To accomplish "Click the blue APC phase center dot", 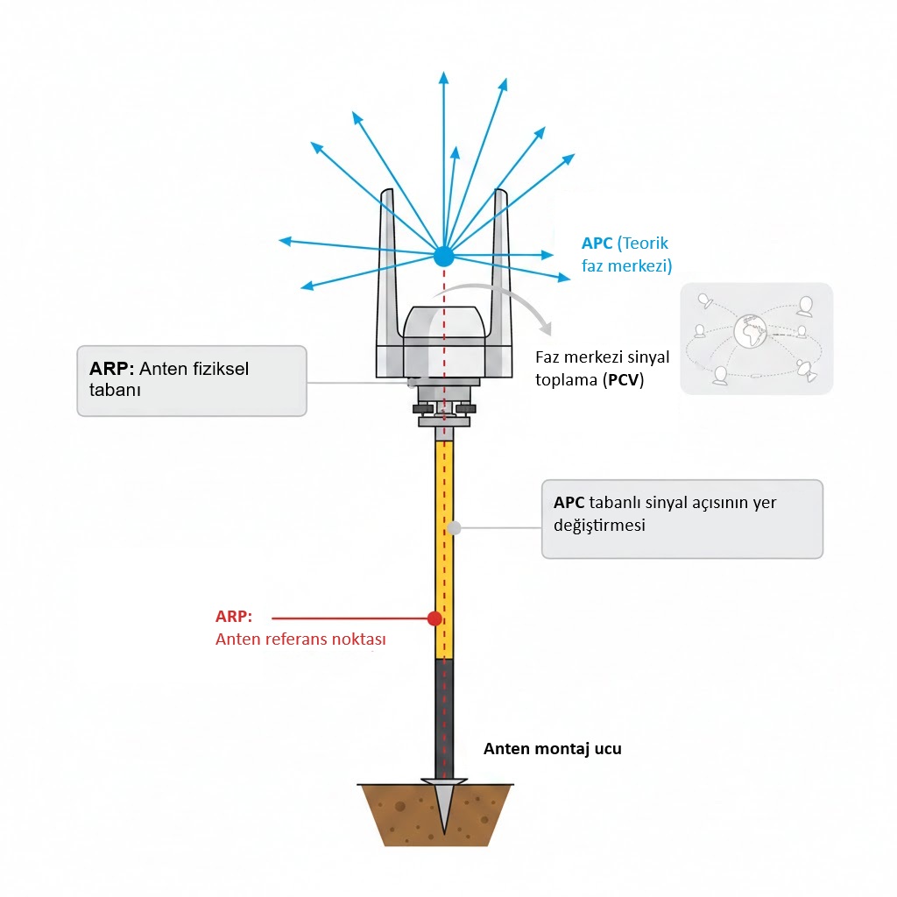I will pos(444,256).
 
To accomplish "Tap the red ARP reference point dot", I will pos(434,618).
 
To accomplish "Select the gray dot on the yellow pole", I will pos(454,527).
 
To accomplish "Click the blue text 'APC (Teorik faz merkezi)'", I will pos(625,254).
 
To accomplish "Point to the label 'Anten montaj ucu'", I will pos(553,749).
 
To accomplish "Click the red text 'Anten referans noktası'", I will pos(300,639).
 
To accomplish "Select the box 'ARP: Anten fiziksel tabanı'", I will pos(192,380).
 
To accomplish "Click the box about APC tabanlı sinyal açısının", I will pos(682,519).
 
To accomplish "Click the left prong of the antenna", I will pos(386,263).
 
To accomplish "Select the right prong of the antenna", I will pos(502,263).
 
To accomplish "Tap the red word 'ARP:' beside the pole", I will pos(234,616).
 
